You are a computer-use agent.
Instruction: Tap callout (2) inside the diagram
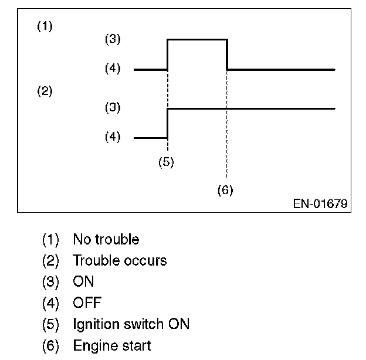click(45, 91)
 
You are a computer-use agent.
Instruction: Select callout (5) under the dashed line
click(167, 162)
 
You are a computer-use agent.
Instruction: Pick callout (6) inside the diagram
click(226, 191)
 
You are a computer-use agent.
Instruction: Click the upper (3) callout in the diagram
click(112, 40)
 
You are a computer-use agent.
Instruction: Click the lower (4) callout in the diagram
click(112, 137)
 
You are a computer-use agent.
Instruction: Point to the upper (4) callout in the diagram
click(112, 69)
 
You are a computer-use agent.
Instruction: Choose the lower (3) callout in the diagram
click(112, 107)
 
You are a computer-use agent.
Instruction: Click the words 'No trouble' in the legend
click(106, 239)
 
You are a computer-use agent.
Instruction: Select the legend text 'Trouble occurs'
click(120, 260)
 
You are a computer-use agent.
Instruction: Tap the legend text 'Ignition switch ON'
click(131, 324)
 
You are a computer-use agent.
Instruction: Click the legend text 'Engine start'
click(111, 345)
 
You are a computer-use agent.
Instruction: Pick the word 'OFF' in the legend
click(87, 303)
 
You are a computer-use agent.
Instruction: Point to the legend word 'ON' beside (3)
click(83, 281)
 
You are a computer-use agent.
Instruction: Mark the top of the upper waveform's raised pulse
click(197, 39)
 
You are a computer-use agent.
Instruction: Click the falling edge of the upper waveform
click(227, 54)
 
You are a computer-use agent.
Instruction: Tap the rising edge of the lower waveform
click(168, 123)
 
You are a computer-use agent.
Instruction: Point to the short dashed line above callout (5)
click(168, 145)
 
